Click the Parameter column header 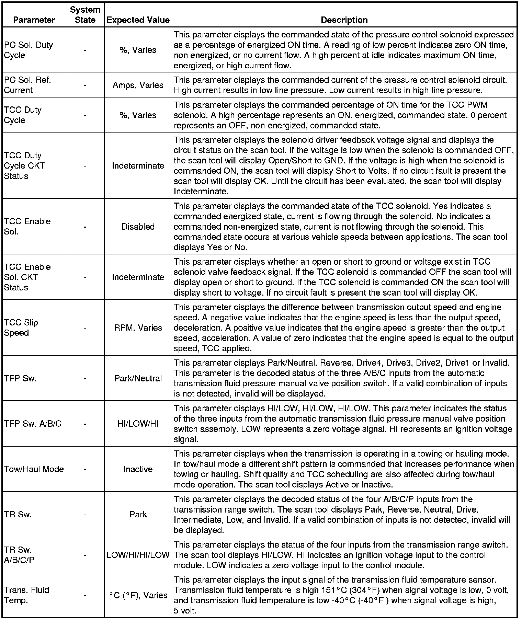coord(34,20)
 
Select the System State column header coord(85,15)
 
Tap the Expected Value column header coord(138,20)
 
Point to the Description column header coord(344,20)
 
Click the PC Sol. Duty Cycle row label coord(29,50)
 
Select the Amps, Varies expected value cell coord(138,85)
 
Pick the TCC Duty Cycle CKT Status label coord(24,165)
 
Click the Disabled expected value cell coord(138,227)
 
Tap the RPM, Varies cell coord(138,328)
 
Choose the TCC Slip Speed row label coord(21,328)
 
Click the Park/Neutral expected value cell coord(138,378)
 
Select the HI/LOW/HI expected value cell coord(138,424)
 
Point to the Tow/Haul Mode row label coord(34,469)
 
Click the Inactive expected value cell coord(138,469)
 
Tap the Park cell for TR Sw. coord(138,514)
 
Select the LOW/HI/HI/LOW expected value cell coord(138,555)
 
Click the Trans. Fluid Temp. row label coord(26,595)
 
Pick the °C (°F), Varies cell coord(138,595)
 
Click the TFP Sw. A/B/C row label coord(33,424)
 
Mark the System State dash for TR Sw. coord(85,514)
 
